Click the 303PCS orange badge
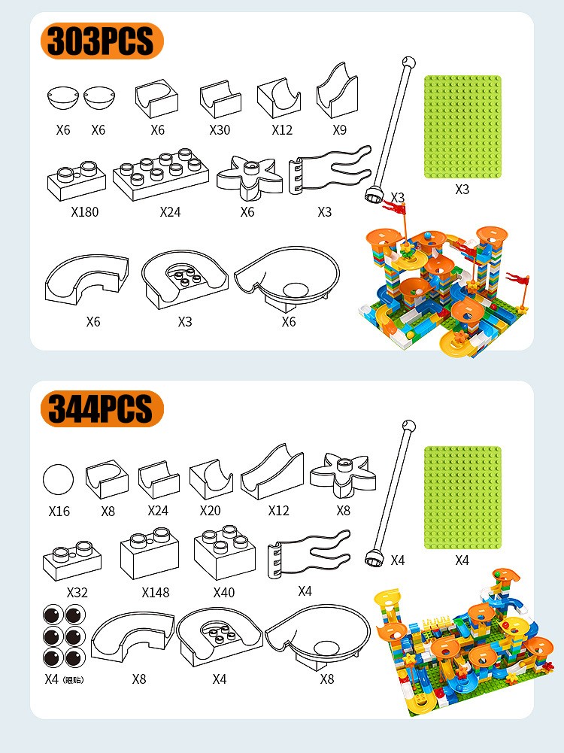102,41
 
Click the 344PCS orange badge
102,408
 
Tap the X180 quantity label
84,212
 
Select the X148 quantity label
156,593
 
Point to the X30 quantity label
220,129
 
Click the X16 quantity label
59,511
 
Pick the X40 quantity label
224,593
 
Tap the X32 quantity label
77,593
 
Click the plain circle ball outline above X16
58,479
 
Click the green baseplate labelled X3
462,127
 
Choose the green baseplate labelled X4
462,497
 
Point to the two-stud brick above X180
76,181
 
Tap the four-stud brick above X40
225,552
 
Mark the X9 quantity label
339,129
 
